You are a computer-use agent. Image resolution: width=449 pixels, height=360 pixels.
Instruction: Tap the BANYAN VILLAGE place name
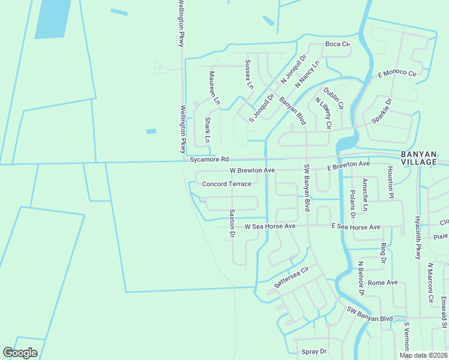click(x=423, y=157)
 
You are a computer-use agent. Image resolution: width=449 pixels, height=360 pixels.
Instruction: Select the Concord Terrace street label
click(x=226, y=184)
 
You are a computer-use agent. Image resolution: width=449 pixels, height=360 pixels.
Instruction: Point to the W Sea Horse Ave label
click(x=270, y=226)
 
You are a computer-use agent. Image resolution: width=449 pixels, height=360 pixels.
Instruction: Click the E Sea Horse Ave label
click(x=356, y=227)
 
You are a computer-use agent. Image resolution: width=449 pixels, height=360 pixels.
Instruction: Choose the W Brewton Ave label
click(x=252, y=170)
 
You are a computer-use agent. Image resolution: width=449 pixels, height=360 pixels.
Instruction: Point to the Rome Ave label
click(x=383, y=282)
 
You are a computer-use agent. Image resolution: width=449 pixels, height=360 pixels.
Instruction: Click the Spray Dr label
click(x=314, y=351)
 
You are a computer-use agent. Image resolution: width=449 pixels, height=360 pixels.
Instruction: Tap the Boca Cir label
click(x=337, y=44)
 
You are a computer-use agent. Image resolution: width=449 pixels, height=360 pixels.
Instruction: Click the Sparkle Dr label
click(x=381, y=111)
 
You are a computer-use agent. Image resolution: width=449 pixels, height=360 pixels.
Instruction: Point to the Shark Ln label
click(x=208, y=130)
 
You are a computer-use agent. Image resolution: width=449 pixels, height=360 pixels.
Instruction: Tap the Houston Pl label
click(x=390, y=182)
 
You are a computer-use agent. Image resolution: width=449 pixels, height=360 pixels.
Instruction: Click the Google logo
click(x=20, y=353)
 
